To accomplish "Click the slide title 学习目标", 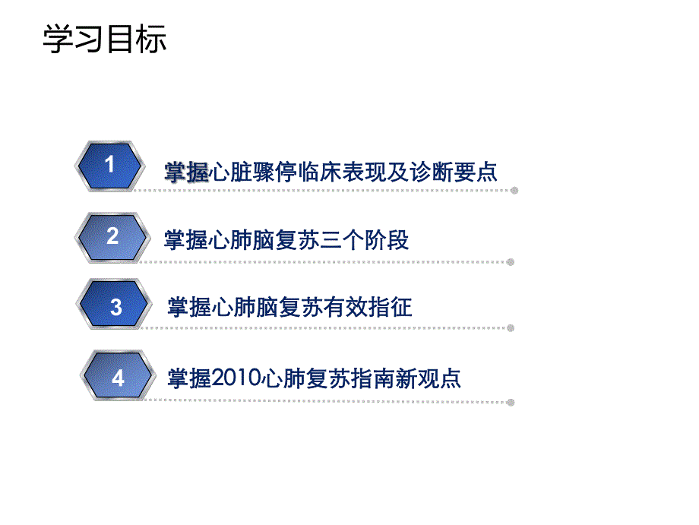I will click(x=104, y=40).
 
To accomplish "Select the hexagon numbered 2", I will click(x=112, y=237).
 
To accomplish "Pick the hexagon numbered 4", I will click(x=118, y=377).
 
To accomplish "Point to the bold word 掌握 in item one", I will click(x=186, y=172).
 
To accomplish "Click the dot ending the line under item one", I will click(x=514, y=191).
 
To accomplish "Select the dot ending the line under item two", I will click(x=511, y=262).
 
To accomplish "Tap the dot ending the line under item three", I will click(x=511, y=328).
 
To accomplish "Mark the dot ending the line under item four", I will click(x=511, y=402).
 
